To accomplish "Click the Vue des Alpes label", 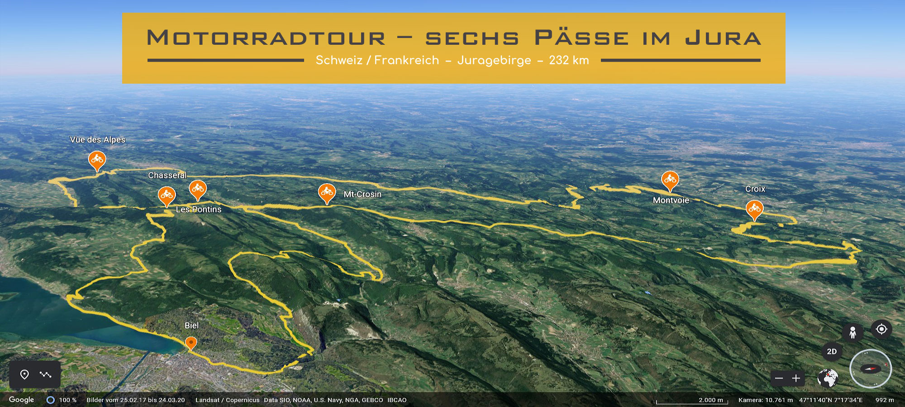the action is point(97,140).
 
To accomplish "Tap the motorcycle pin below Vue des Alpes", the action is point(97,160).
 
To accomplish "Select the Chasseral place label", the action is point(167,175).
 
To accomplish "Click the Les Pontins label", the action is point(199,209).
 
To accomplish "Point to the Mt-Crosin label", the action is point(362,194).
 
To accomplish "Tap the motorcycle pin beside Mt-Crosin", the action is point(327,193).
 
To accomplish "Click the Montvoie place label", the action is point(671,200).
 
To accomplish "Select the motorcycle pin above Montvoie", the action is point(670,180).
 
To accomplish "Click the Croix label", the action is point(755,189).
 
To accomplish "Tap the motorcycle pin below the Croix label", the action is point(754,209).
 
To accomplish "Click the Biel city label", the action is point(191,326).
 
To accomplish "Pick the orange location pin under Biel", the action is point(191,343).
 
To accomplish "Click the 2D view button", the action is point(832,351).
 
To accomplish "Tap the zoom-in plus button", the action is point(796,378).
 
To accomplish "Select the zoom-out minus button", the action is point(779,378).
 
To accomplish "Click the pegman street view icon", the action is point(853,333).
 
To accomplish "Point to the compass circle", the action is point(870,369).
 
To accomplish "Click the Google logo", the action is point(21,400).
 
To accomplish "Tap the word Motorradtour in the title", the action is point(266,38).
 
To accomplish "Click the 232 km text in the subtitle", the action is point(569,61).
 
